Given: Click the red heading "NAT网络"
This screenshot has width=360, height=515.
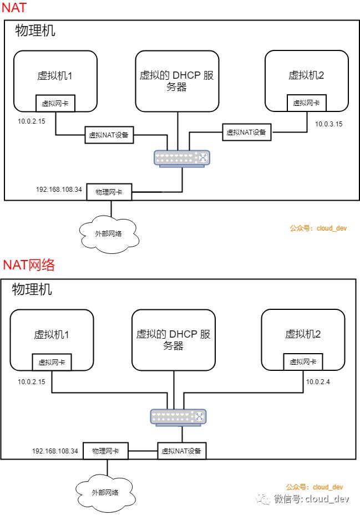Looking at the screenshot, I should click(x=29, y=265).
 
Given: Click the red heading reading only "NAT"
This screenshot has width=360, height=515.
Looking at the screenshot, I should click(x=14, y=8).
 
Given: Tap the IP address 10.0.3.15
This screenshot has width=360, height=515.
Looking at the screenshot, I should click(x=328, y=124).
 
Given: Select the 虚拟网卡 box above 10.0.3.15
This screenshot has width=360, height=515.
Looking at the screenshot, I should click(x=307, y=103).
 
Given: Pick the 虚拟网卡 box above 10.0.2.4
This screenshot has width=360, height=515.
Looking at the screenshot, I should click(x=303, y=361).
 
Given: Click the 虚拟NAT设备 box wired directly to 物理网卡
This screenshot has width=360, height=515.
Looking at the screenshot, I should click(x=181, y=451).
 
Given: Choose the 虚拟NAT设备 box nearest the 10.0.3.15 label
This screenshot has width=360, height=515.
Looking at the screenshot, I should click(x=246, y=132).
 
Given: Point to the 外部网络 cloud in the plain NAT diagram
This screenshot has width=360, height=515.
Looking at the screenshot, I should click(x=109, y=233).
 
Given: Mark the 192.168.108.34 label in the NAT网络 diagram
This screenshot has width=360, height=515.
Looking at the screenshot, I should click(x=55, y=451).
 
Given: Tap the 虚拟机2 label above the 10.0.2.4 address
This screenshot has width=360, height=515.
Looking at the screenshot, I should click(x=303, y=334).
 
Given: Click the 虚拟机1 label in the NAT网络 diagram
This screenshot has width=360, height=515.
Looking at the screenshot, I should click(x=52, y=334).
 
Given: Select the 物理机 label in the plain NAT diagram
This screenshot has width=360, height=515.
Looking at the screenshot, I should click(x=36, y=30).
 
